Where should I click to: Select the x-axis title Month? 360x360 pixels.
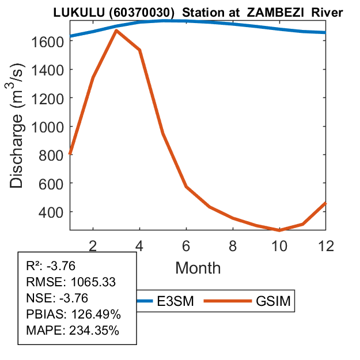pos(198,268)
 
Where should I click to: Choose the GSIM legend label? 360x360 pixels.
pos(272,301)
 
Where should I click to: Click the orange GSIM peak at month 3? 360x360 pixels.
pos(116,30)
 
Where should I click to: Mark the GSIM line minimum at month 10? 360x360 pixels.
pos(279,230)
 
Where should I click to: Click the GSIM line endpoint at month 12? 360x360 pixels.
pos(325,203)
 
